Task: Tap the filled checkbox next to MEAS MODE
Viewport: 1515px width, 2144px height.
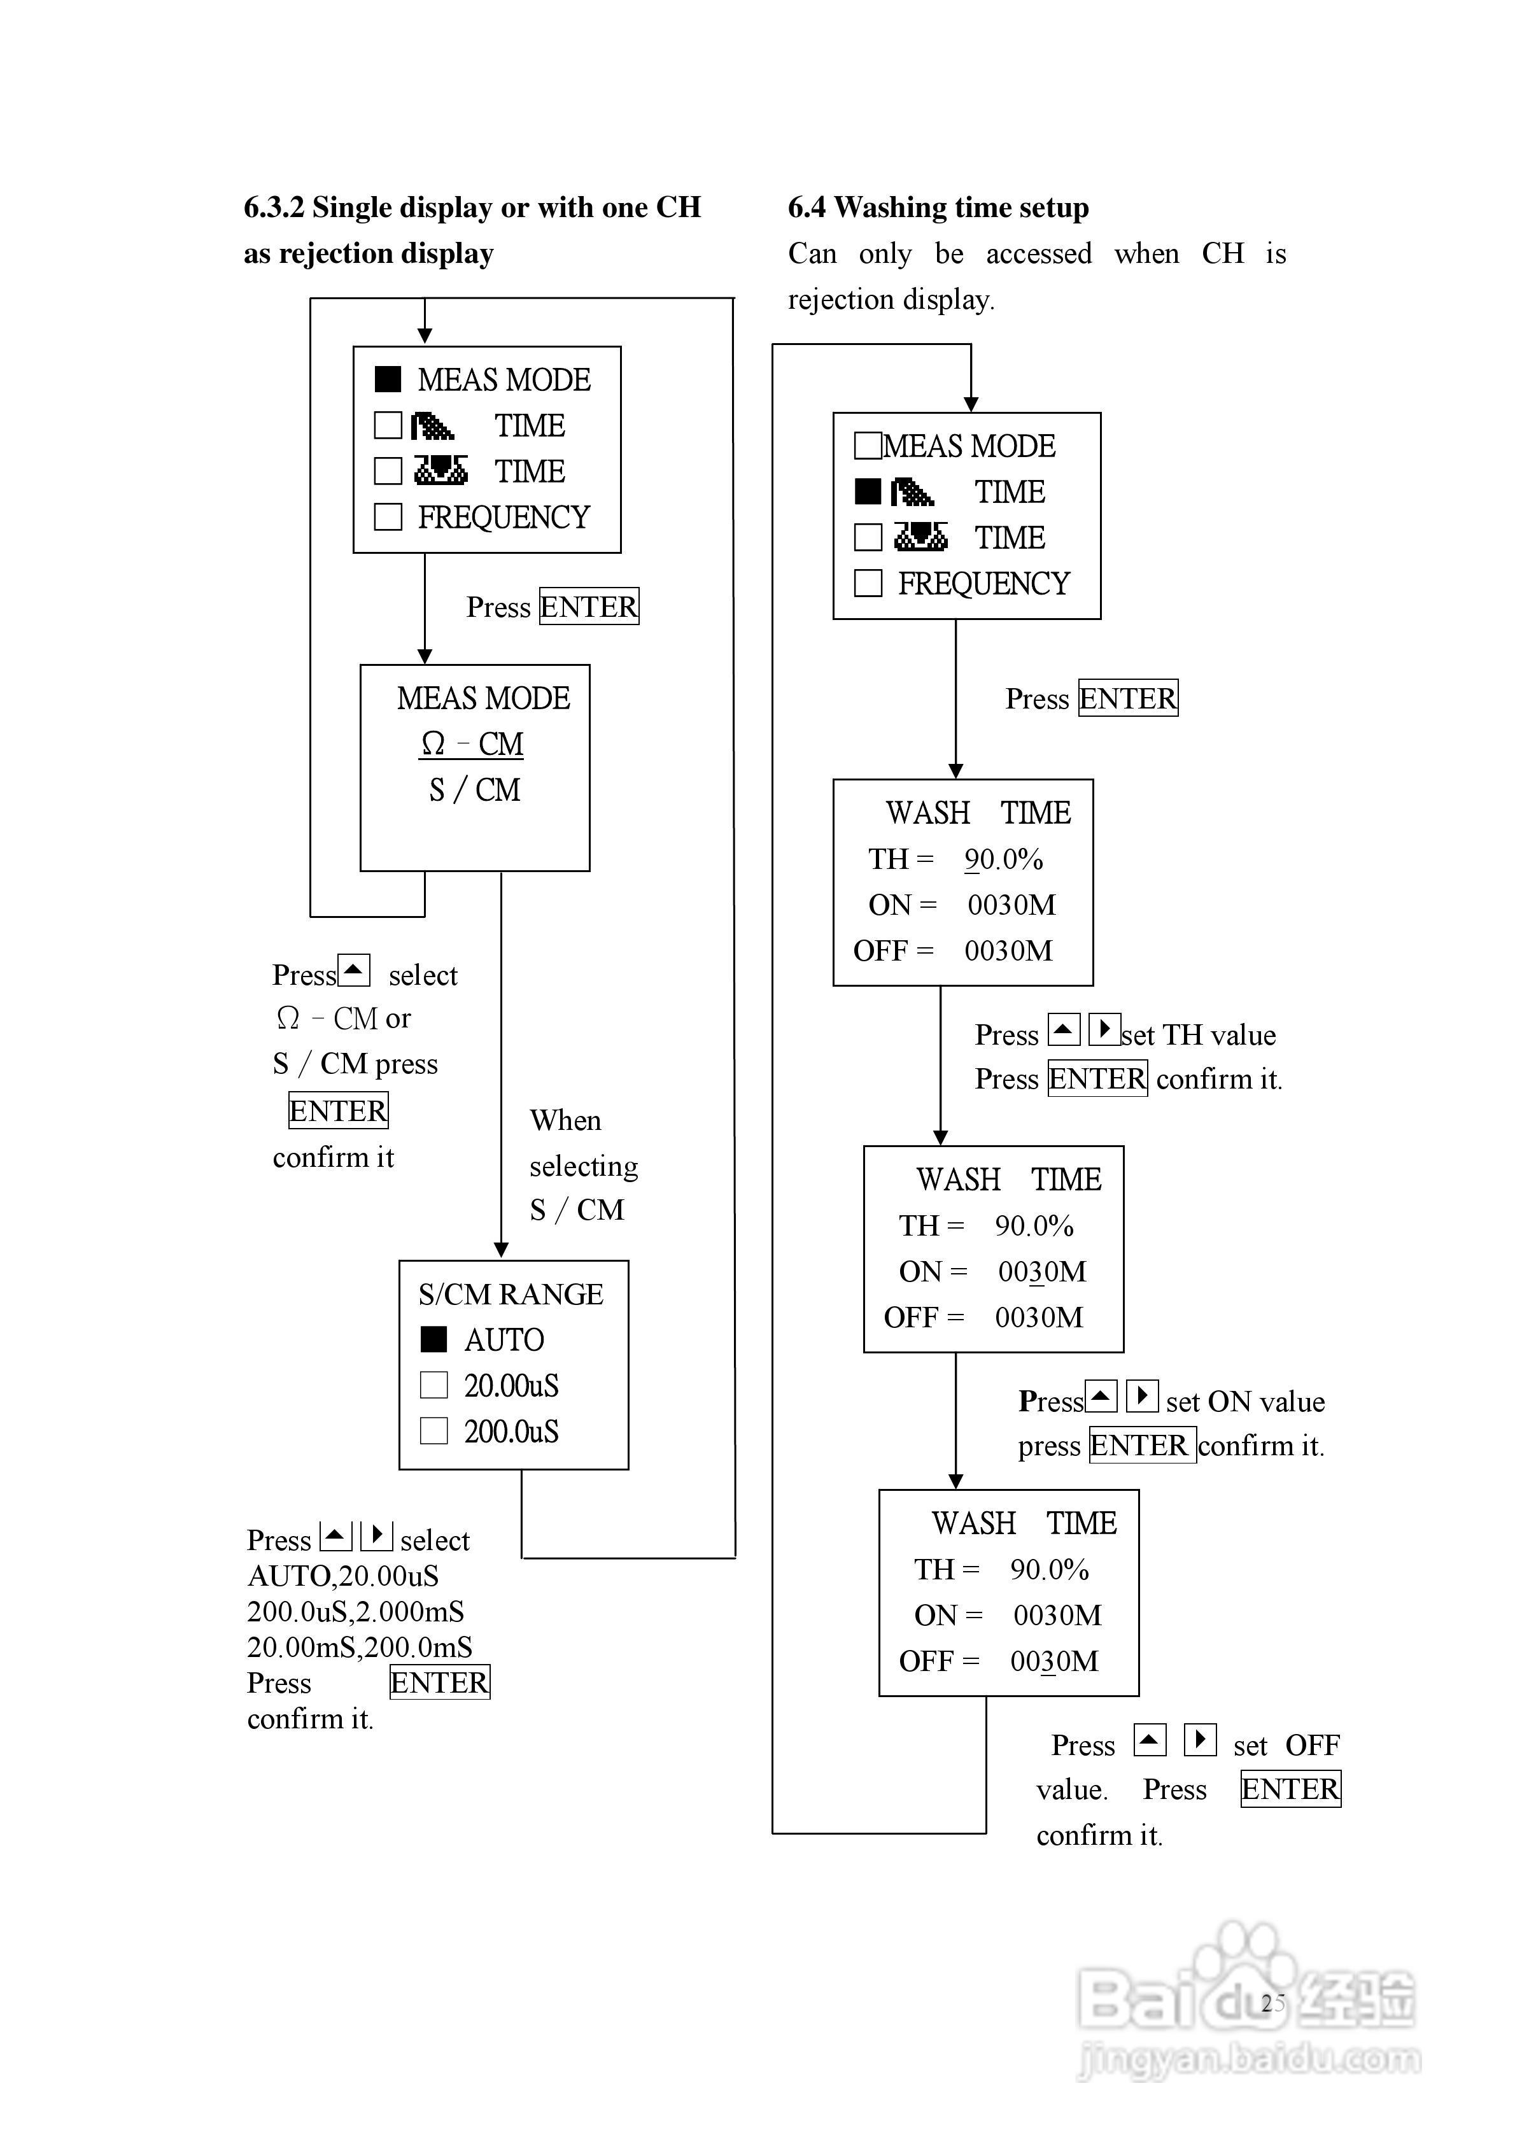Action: (388, 379)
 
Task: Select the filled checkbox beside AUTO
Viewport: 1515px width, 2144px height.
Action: (433, 1339)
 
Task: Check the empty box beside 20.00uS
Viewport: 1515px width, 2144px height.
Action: (433, 1385)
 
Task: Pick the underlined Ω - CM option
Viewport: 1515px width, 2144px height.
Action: (472, 744)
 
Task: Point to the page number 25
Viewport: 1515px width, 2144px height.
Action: (1272, 2003)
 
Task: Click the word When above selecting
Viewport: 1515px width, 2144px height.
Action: (565, 1120)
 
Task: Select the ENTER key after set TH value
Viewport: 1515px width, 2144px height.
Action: (1097, 1078)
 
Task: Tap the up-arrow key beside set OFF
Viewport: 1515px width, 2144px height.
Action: (1150, 1740)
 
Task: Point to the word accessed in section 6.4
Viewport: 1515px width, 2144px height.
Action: (1039, 254)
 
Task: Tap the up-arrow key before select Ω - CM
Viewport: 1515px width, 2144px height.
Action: (354, 970)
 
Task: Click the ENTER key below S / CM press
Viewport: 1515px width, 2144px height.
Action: (338, 1110)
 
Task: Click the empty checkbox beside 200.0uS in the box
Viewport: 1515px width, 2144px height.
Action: (433, 1430)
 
